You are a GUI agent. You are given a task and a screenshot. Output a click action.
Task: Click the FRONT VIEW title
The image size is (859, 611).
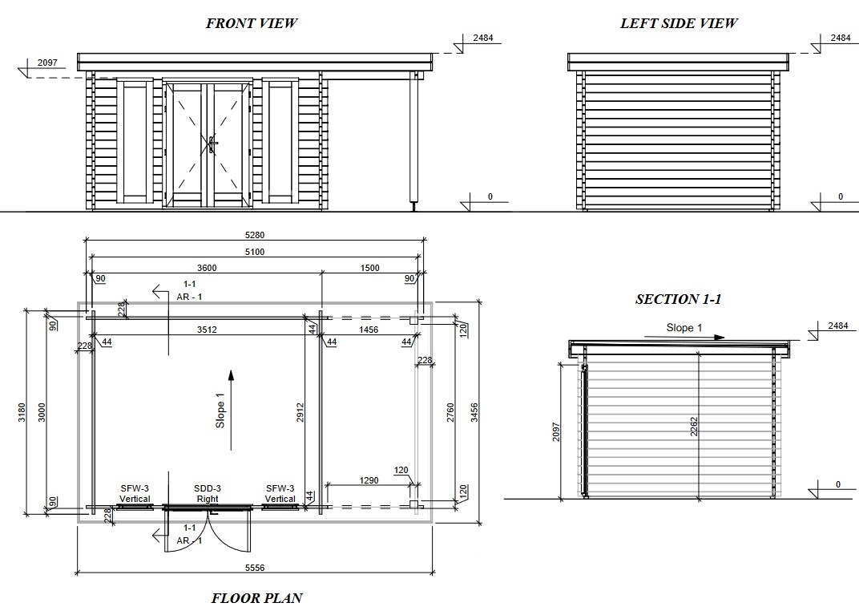252,23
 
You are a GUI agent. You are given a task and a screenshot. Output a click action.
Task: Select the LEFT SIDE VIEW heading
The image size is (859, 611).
679,23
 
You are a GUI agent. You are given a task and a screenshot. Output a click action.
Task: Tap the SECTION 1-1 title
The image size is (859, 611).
678,299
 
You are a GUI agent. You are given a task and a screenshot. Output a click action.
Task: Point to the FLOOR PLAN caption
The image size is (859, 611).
257,597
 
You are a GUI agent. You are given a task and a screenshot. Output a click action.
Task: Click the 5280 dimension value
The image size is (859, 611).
255,235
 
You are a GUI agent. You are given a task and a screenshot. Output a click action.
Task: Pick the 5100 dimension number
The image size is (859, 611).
255,252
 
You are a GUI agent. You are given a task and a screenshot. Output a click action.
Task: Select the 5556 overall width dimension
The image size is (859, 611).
255,568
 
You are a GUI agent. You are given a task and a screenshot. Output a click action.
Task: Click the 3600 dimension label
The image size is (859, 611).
207,268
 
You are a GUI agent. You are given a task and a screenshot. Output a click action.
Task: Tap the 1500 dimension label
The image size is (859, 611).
369,268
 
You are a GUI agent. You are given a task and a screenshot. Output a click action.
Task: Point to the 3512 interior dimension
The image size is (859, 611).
207,330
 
